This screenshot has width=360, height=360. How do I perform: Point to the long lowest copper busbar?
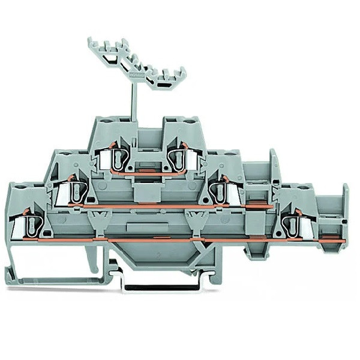tap(180, 239)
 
